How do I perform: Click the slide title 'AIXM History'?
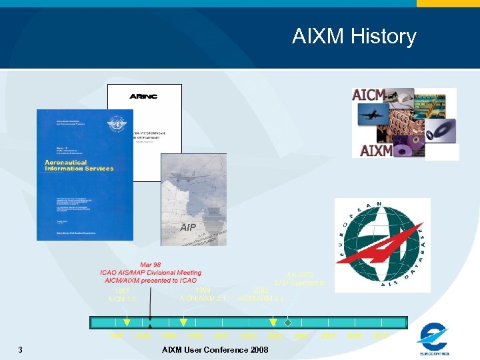[x=353, y=36]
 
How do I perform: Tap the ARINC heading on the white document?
[x=143, y=97]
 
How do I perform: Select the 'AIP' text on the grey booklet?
[x=189, y=227]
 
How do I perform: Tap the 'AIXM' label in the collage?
[x=376, y=151]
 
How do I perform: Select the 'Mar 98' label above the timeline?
[x=150, y=264]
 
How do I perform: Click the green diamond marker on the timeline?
[x=287, y=323]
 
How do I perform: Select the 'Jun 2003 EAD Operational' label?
[x=299, y=279]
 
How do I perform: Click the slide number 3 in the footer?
[x=21, y=350]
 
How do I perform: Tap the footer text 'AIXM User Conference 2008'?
[x=215, y=350]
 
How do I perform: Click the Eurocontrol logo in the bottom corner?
[x=435, y=339]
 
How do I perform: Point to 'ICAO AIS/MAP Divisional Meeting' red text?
[x=151, y=273]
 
